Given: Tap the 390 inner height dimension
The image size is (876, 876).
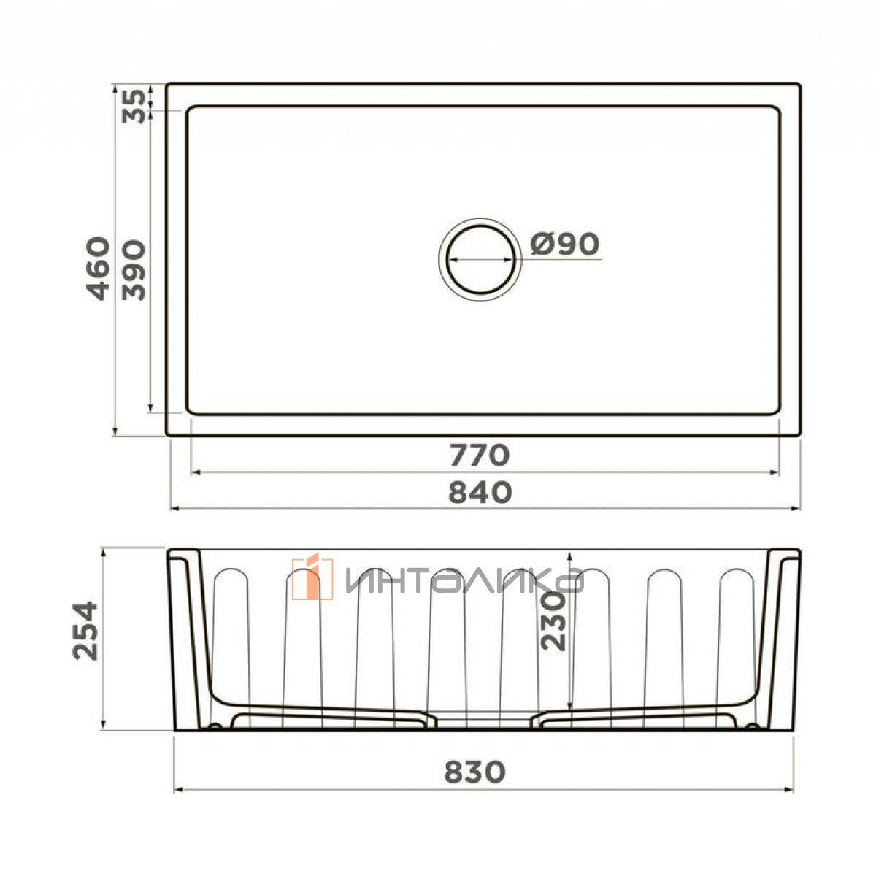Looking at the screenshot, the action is [x=134, y=271].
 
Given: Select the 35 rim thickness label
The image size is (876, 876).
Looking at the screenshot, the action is [x=134, y=107].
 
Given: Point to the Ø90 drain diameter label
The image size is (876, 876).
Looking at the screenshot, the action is [x=564, y=244].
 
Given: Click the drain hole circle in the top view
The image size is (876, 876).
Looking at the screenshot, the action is [x=480, y=225].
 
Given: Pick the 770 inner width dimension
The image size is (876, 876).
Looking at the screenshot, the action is [x=480, y=455].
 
